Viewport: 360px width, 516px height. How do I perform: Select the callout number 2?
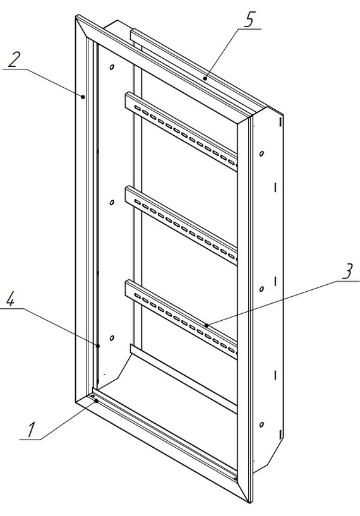[x=13, y=59]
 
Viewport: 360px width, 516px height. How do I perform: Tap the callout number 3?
[x=347, y=271]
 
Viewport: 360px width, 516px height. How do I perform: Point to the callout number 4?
[x=11, y=299]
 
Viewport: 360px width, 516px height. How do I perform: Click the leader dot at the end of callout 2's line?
[x=83, y=97]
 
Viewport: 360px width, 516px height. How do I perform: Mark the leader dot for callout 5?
[x=205, y=78]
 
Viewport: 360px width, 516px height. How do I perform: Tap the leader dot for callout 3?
[x=207, y=325]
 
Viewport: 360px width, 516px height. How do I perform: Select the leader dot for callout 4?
[x=98, y=346]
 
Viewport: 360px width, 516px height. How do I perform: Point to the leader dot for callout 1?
[x=96, y=401]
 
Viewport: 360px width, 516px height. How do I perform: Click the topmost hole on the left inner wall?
[x=112, y=67]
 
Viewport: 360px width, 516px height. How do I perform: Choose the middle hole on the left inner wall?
[x=112, y=202]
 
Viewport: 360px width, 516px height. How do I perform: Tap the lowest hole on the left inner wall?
[x=112, y=338]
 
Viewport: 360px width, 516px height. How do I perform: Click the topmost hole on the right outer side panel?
[x=261, y=153]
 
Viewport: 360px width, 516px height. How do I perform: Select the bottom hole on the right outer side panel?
[x=261, y=424]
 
